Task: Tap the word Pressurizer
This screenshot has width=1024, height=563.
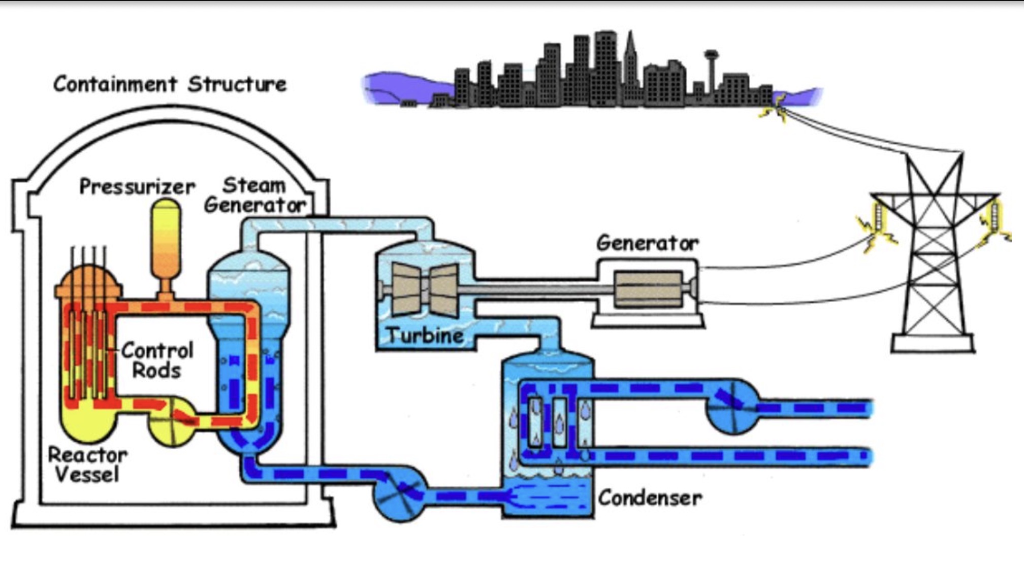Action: tap(137, 187)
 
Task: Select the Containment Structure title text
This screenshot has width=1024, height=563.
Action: tap(170, 84)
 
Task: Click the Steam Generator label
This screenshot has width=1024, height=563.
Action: tap(254, 195)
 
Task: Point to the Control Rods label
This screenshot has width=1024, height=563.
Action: tap(157, 360)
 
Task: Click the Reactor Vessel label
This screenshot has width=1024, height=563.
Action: tap(87, 465)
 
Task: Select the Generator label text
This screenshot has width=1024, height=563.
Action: tap(647, 243)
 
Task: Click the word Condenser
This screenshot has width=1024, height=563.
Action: tap(650, 498)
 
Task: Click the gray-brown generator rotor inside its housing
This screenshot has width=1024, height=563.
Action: tap(648, 289)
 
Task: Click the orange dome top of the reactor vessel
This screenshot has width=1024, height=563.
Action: tap(89, 284)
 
